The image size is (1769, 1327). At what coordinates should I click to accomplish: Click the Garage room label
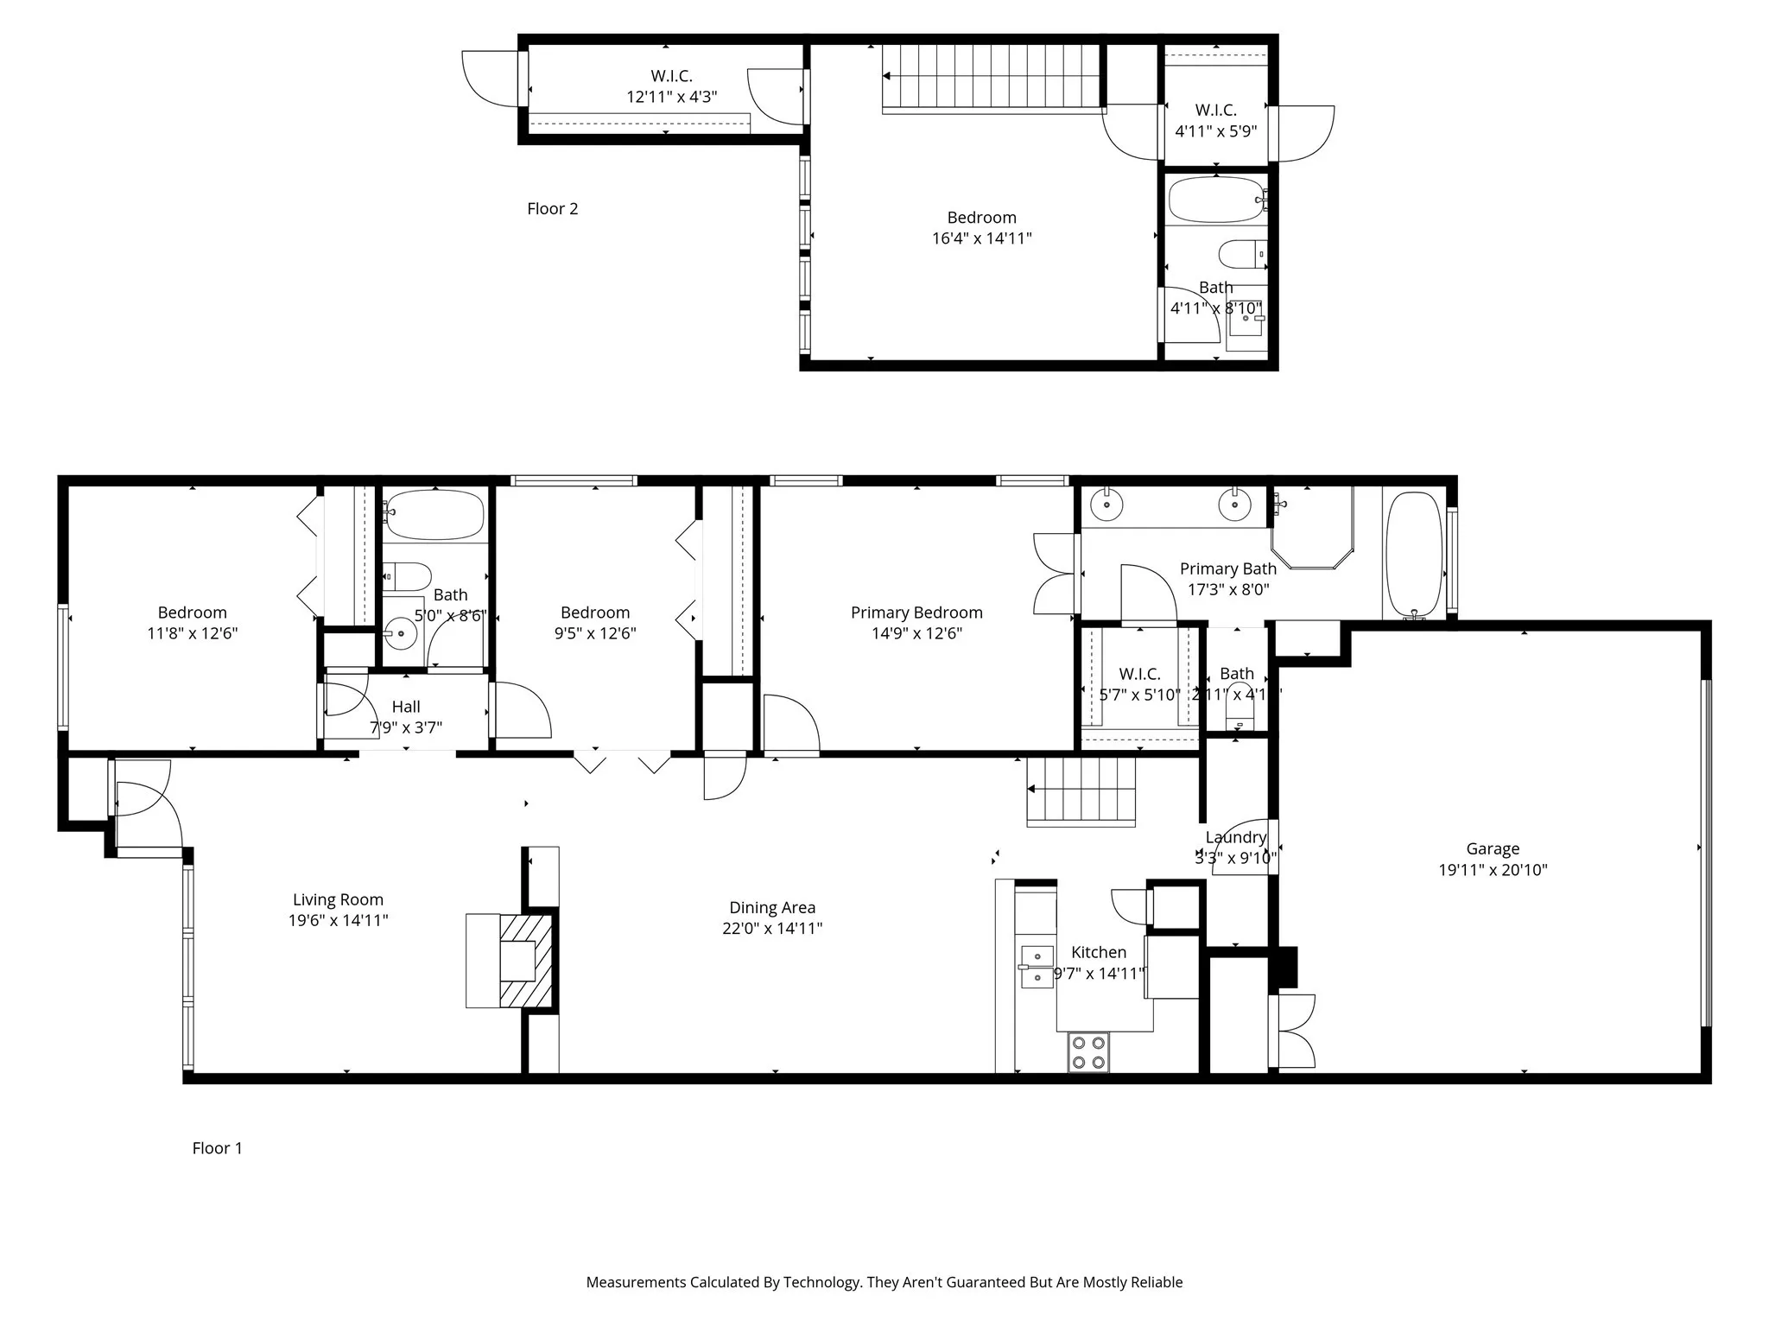tap(1492, 849)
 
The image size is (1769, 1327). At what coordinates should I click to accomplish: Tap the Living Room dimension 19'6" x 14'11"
tap(338, 921)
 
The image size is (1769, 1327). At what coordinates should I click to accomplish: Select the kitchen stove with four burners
tap(1088, 1052)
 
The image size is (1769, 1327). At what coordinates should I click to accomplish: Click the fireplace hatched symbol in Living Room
tap(525, 961)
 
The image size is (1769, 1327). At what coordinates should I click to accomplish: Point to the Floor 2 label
tap(552, 208)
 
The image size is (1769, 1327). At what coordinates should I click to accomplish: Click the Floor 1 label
tap(217, 1148)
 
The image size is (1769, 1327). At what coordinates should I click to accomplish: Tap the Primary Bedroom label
tap(916, 613)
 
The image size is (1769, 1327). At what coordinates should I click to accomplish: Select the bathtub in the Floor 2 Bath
tap(1214, 200)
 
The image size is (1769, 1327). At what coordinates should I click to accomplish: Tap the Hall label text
tap(406, 707)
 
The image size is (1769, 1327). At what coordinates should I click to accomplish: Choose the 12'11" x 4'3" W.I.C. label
tap(671, 97)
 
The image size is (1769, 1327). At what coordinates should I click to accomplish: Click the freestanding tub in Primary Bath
tap(1414, 554)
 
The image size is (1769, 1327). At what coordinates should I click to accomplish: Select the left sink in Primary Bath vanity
tap(1106, 504)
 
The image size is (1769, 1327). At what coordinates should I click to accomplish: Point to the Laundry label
tap(1235, 837)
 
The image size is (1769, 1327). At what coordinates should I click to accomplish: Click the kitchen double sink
tap(1037, 966)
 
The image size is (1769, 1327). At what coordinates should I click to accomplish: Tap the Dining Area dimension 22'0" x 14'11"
tap(772, 929)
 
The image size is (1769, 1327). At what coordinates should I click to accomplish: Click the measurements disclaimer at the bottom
tap(884, 1282)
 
